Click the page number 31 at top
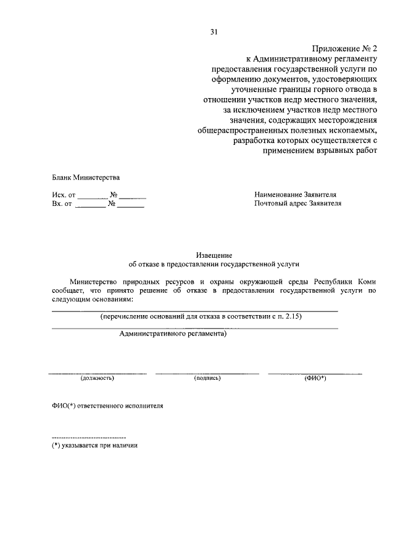(x=214, y=31)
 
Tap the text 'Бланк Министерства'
(x=86, y=178)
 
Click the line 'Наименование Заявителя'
(x=295, y=194)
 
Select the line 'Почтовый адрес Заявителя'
(x=297, y=203)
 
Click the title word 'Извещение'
(x=214, y=254)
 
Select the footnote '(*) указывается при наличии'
(x=94, y=445)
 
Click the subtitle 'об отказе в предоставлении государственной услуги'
(x=214, y=264)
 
